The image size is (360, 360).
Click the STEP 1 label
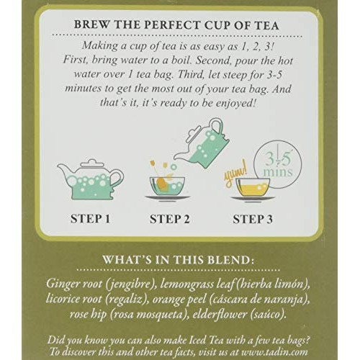[90, 219]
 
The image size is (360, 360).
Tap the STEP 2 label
[170, 219]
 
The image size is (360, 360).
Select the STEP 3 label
[253, 219]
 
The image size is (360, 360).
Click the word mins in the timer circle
[278, 172]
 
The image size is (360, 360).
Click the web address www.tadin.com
[274, 352]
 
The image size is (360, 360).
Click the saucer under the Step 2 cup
[167, 197]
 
